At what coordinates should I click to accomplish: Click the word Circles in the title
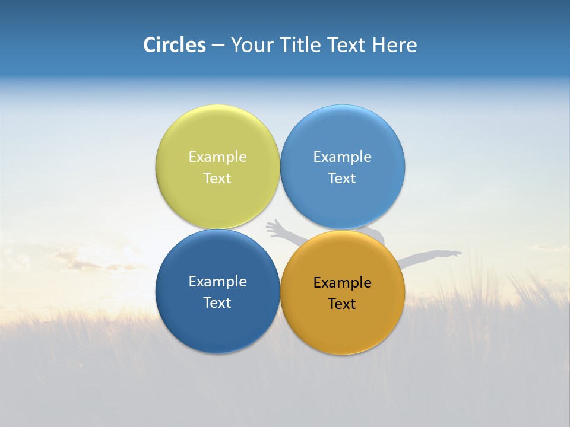(175, 45)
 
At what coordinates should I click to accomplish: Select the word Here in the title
(395, 45)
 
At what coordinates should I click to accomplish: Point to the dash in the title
(218, 46)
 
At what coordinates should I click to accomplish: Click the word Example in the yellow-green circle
(217, 157)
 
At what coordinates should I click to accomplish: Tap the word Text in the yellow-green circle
(217, 179)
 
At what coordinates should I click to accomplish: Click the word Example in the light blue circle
(342, 157)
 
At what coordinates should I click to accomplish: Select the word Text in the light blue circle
(342, 179)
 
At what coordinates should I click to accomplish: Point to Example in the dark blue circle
(217, 282)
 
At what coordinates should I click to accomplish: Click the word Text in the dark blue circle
(217, 303)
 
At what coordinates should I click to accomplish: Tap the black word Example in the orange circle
(342, 283)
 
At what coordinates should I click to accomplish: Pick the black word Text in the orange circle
(342, 304)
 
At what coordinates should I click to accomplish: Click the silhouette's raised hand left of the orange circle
(274, 226)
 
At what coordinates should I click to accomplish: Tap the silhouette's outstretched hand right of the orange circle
(454, 254)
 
